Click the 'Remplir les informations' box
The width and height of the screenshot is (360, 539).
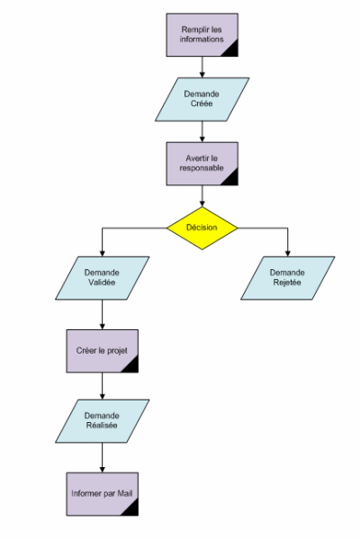pyautogui.click(x=202, y=35)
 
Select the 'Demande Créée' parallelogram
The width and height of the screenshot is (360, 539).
pyautogui.click(x=202, y=99)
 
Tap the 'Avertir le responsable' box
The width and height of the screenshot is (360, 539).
pyautogui.click(x=202, y=164)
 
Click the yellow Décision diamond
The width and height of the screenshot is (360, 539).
pyautogui.click(x=202, y=228)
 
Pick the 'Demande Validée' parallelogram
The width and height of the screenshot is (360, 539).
pyautogui.click(x=102, y=278)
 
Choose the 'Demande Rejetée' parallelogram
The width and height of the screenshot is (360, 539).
pyautogui.click(x=287, y=278)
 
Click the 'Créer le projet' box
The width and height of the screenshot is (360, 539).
pyautogui.click(x=103, y=351)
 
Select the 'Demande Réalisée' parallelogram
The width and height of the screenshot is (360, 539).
pyautogui.click(x=102, y=421)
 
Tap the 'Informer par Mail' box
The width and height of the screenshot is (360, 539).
pyautogui.click(x=103, y=494)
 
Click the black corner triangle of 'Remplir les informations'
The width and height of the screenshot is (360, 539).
pyautogui.click(x=231, y=50)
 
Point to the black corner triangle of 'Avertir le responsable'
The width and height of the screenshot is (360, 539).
pyautogui.click(x=231, y=179)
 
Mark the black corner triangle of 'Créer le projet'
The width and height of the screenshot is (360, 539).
pyautogui.click(x=132, y=366)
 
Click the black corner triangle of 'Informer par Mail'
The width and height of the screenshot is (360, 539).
pyautogui.click(x=132, y=509)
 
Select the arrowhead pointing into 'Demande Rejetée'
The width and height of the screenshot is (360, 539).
pyautogui.click(x=287, y=254)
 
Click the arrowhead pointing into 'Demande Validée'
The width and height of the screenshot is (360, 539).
pyautogui.click(x=102, y=254)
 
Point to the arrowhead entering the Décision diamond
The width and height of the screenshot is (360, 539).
pyautogui.click(x=202, y=203)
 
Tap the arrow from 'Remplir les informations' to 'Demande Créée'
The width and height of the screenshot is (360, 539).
pyautogui.click(x=202, y=67)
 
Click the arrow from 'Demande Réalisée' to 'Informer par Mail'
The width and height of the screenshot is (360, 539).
pyautogui.click(x=102, y=457)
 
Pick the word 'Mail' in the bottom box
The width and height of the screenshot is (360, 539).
pyautogui.click(x=125, y=494)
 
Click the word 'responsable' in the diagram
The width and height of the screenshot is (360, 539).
pyautogui.click(x=202, y=168)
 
